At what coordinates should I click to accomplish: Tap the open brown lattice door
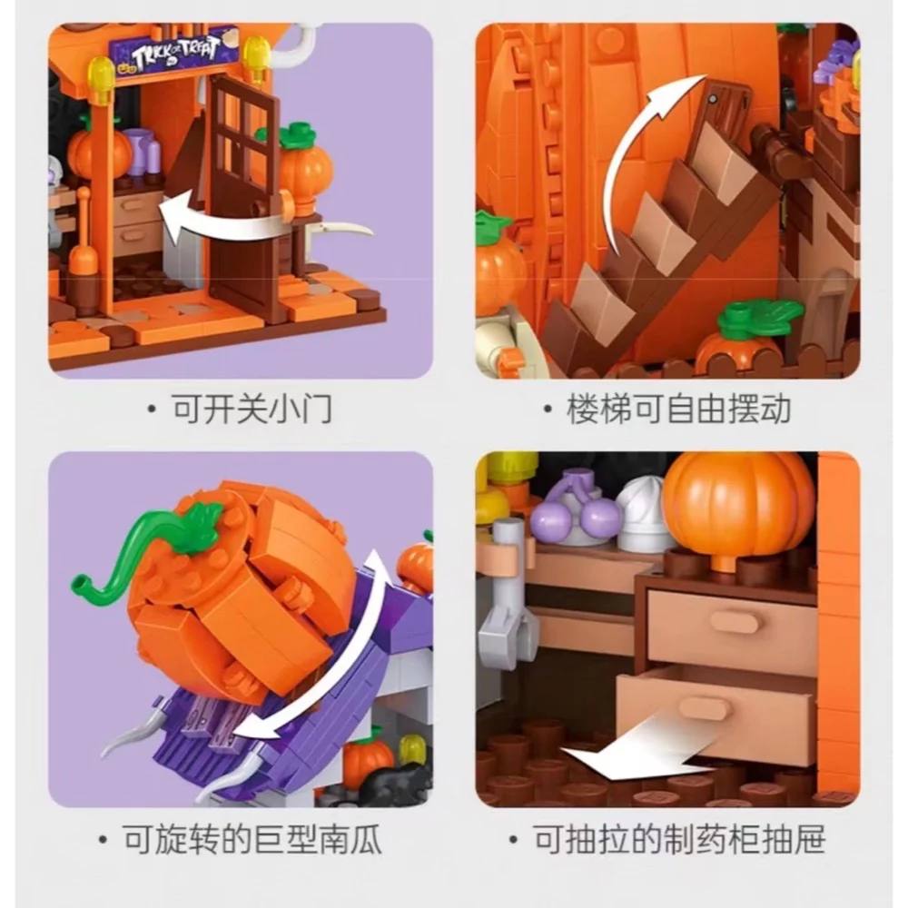[x=243, y=191]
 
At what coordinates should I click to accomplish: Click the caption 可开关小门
[x=252, y=410]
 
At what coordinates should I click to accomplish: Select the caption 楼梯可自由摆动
[x=678, y=410]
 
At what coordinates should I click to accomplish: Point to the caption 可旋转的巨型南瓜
[x=252, y=839]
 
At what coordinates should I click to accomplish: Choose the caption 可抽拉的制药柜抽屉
[x=678, y=839]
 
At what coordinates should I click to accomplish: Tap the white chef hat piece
[x=641, y=519]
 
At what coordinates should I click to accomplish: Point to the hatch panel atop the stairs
[x=725, y=108]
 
